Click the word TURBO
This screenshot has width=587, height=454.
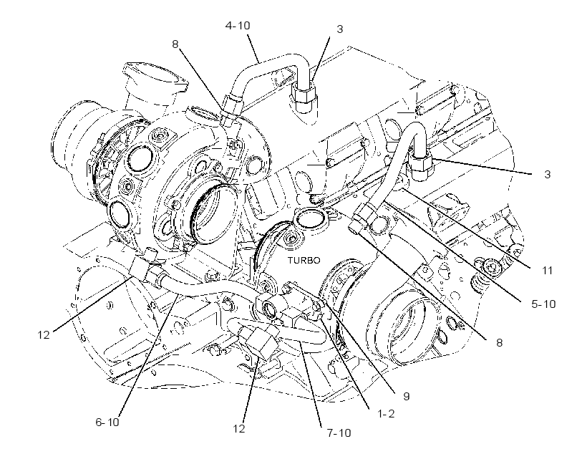coord(304,261)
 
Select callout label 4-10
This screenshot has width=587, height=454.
coord(238,26)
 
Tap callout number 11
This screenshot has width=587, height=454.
coord(548,270)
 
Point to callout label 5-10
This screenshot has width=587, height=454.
coord(543,304)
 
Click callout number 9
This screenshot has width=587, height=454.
coord(407,396)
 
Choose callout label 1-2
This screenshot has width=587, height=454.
coord(386,414)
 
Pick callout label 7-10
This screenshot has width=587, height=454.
coord(339,433)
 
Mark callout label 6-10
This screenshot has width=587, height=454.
coord(107,422)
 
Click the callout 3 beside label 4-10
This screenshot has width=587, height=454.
coord(339,29)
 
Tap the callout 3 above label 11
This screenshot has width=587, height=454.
coord(548,174)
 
